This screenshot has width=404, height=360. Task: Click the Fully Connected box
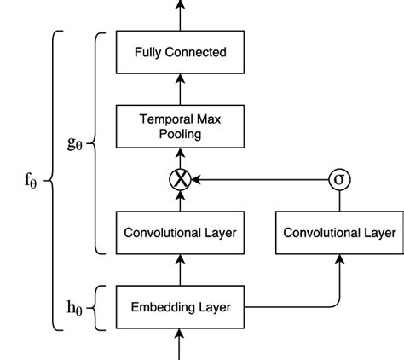(180, 53)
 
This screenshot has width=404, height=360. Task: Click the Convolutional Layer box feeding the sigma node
(339, 233)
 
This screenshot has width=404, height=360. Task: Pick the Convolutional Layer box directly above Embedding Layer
(180, 233)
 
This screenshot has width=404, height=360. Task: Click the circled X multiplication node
(180, 179)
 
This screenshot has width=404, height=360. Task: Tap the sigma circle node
(339, 179)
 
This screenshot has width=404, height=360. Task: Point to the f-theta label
(31, 181)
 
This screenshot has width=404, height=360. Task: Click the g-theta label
(76, 142)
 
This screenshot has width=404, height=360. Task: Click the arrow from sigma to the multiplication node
(260, 179)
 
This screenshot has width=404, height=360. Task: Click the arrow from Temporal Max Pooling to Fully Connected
(180, 90)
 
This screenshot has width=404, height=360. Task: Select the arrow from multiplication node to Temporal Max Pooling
(180, 157)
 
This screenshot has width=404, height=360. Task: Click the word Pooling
(180, 134)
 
